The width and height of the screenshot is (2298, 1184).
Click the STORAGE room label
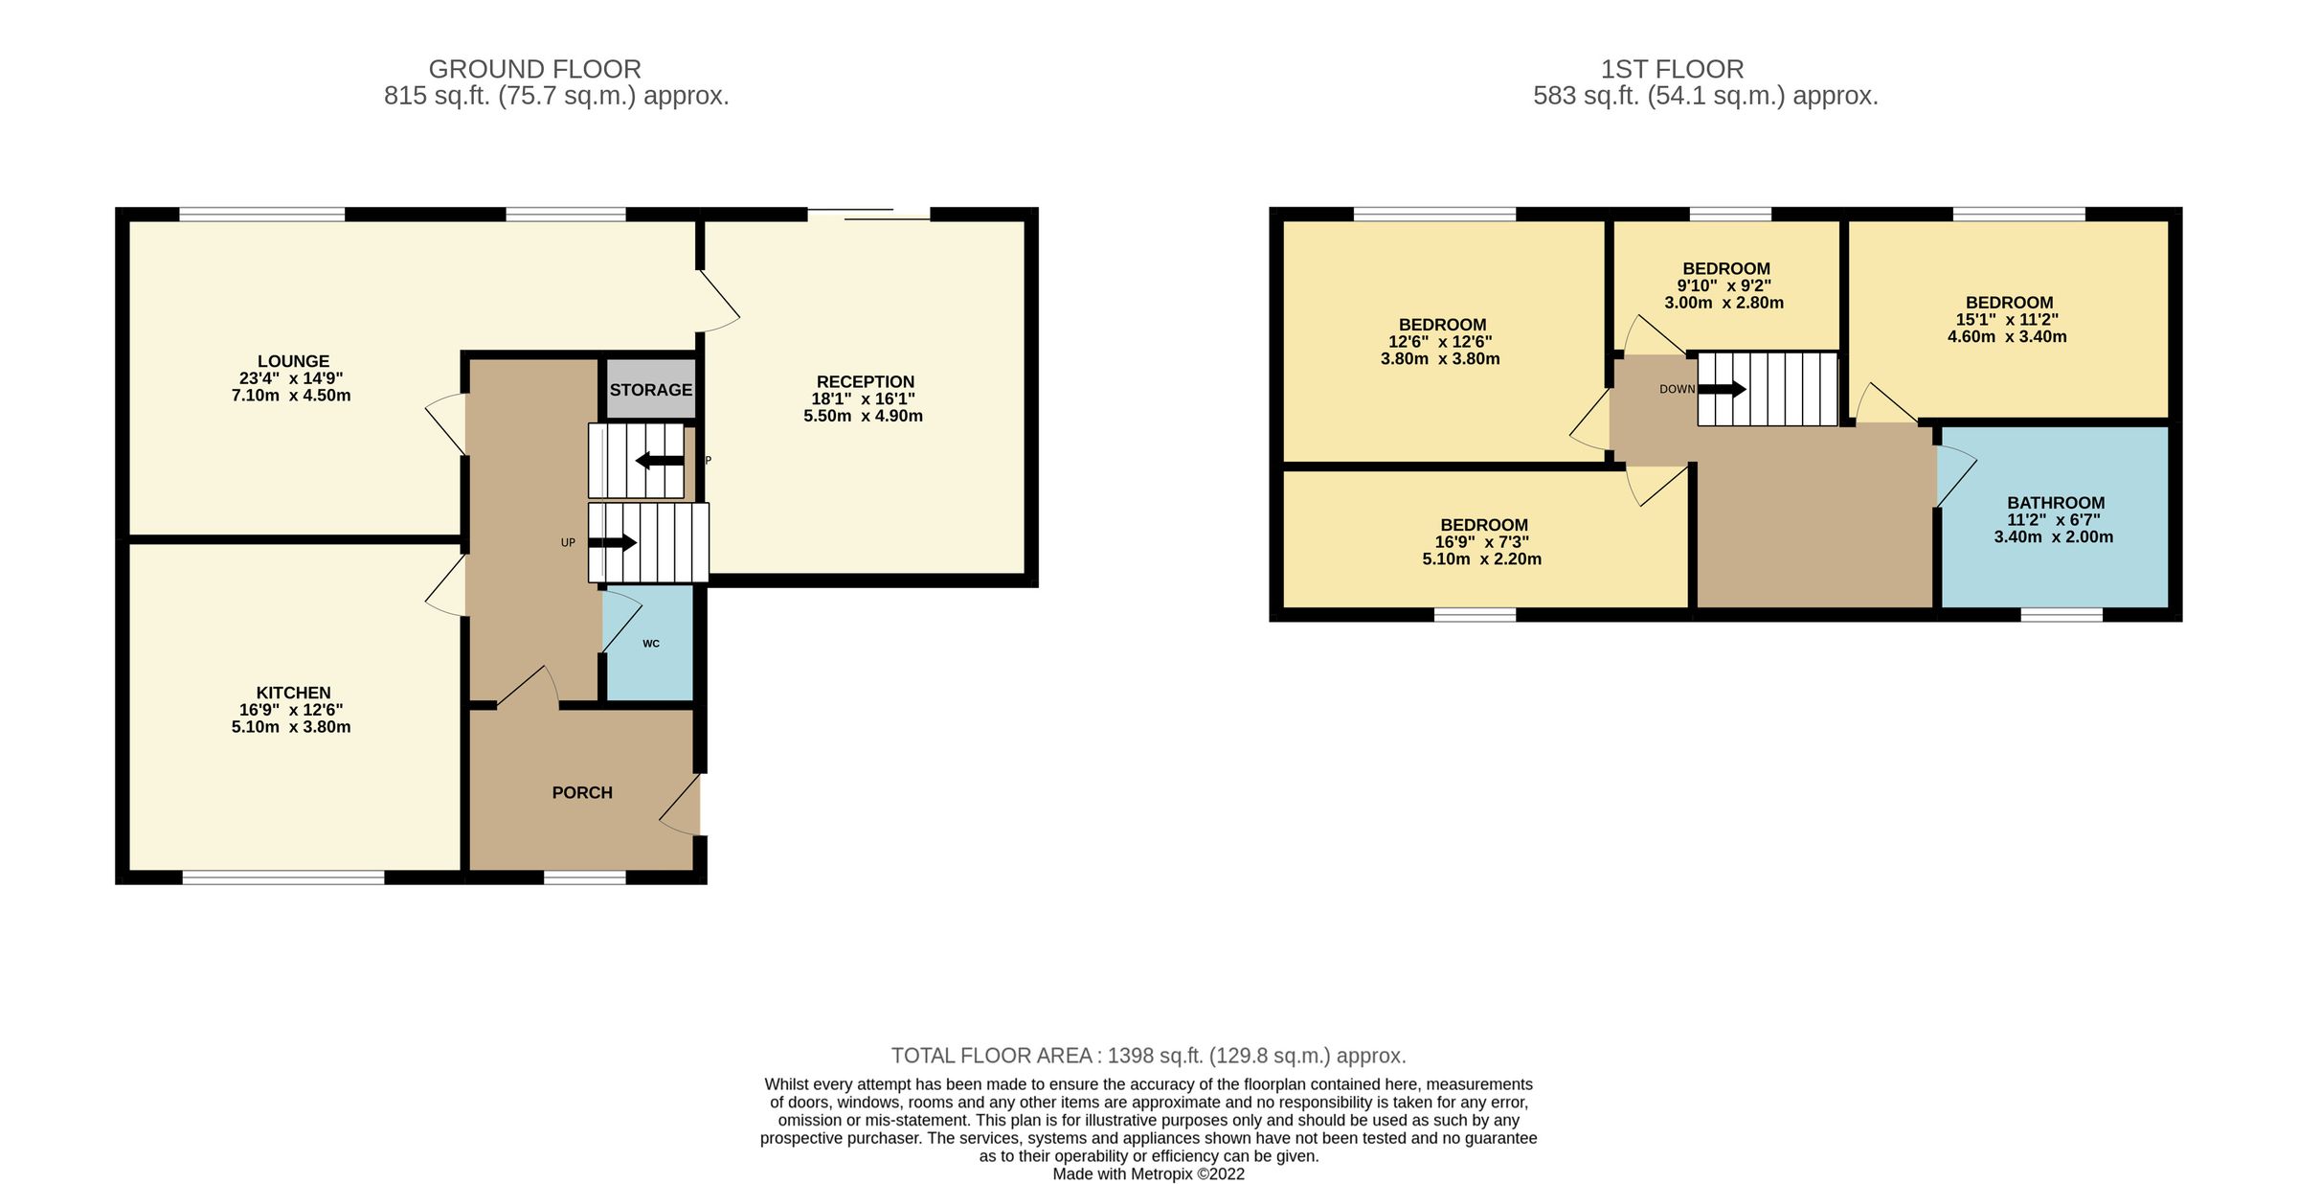650,390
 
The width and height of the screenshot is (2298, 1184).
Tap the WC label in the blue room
651,644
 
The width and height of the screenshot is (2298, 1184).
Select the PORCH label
582,792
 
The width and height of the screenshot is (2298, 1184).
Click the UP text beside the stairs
568,543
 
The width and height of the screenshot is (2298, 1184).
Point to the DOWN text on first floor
1677,389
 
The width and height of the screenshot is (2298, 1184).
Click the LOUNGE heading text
293,361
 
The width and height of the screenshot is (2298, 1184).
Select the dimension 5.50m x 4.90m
863,416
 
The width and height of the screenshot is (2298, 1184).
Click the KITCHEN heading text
293,693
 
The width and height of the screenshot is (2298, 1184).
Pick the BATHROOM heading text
2056,503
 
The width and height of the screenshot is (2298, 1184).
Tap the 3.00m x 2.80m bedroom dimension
1723,303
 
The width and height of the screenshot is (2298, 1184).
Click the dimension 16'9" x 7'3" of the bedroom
1481,542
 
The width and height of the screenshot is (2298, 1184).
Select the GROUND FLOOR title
534,69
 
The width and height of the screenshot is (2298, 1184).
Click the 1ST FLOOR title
1672,69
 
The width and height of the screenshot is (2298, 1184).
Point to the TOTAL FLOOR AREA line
1148,1056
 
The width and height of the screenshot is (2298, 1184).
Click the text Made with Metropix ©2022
1148,1173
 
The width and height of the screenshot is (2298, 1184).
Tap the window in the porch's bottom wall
584,877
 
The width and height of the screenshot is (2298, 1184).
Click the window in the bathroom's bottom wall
2061,615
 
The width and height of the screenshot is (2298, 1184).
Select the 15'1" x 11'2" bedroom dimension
2007,320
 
